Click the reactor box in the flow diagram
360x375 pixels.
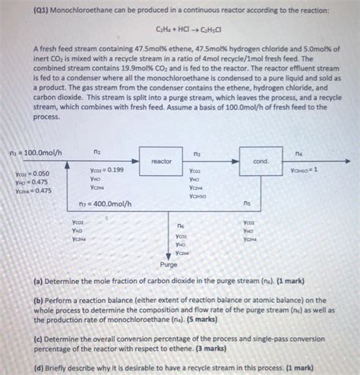162,160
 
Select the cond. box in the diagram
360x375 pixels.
261,160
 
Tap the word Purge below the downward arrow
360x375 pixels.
168,264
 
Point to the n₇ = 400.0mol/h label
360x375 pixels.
105,203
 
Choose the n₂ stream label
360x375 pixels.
96,153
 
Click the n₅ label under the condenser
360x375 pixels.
247,203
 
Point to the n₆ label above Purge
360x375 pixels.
180,225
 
